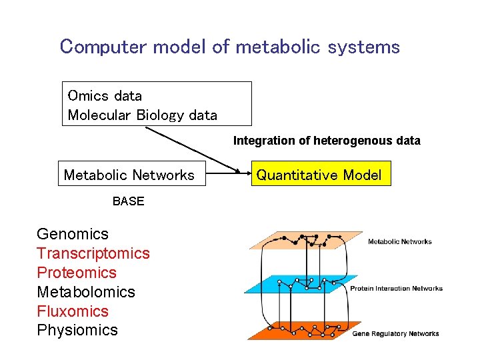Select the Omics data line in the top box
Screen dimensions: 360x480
coord(105,95)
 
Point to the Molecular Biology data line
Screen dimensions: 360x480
coord(142,115)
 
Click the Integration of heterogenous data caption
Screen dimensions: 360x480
coord(326,141)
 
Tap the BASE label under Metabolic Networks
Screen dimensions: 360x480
coord(128,201)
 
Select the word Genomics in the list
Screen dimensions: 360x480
coord(72,234)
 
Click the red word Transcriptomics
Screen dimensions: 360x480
coord(93,253)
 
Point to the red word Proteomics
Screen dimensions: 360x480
coord(77,273)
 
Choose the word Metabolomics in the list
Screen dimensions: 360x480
coord(86,292)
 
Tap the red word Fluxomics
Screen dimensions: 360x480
coord(73,311)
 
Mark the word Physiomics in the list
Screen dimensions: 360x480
coord(77,330)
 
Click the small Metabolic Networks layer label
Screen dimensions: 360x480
coord(399,241)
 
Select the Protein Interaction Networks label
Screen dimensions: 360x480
coord(396,289)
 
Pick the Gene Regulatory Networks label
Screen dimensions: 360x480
coord(395,333)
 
